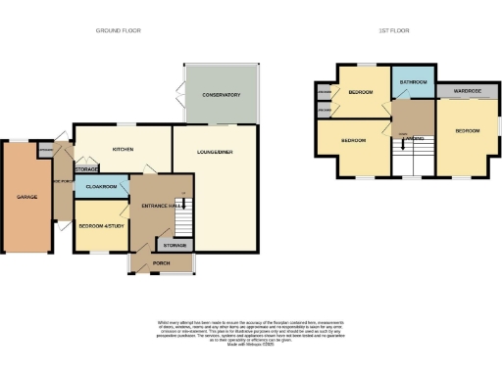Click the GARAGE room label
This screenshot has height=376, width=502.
[26, 197]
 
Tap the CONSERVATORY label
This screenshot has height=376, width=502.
[222, 95]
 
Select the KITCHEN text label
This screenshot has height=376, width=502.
[123, 150]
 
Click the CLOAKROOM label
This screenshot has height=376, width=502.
[102, 186]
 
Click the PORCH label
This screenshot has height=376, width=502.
[162, 264]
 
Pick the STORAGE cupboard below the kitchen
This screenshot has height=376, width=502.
[87, 170]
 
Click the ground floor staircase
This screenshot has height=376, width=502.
[181, 216]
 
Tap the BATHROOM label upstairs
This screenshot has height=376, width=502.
[412, 82]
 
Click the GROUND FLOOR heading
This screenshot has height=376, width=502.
[118, 30]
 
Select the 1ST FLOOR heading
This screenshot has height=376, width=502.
[393, 30]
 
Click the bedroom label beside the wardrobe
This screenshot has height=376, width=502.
[466, 130]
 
